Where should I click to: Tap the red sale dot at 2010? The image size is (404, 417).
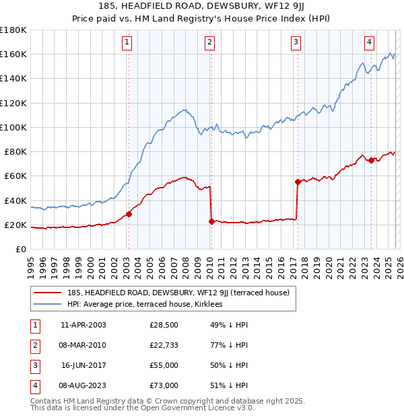tap(211, 221)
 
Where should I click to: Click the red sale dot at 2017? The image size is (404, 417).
tap(297, 182)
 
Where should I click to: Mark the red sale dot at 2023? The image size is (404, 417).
tap(371, 159)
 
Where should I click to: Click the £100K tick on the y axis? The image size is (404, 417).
tap(13, 127)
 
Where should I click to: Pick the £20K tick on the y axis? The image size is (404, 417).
tap(15, 225)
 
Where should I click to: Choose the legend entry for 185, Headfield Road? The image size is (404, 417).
tap(178, 293)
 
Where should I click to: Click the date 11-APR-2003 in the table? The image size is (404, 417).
tap(83, 326)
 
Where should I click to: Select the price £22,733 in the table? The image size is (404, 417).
tap(164, 345)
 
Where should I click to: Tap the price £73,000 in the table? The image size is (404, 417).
tap(164, 385)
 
